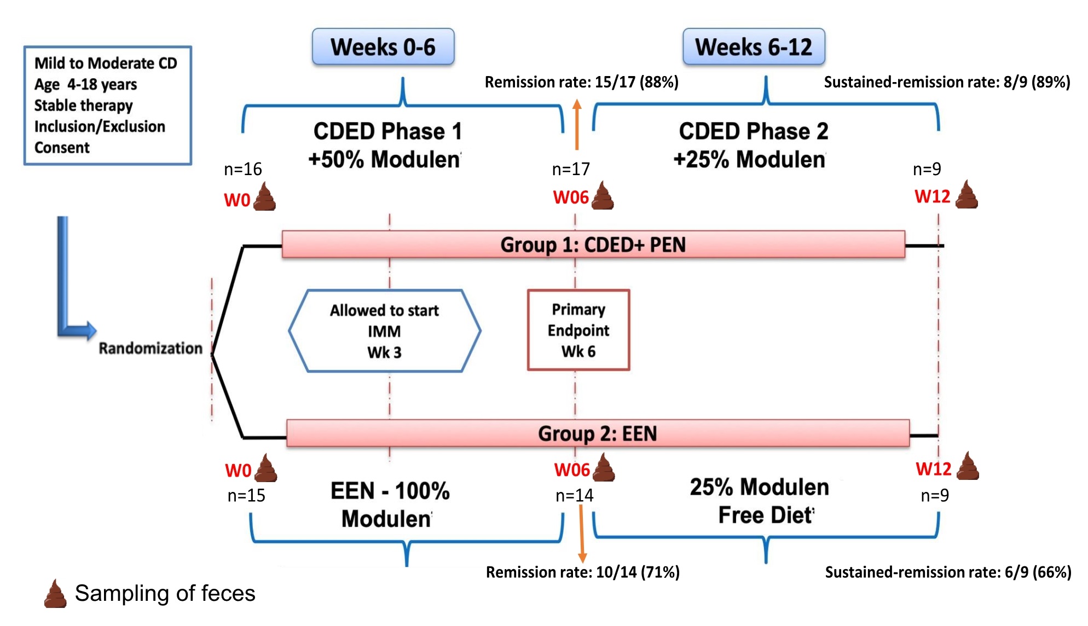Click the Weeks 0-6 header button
pyautogui.click(x=383, y=47)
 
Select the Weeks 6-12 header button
pyautogui.click(x=754, y=47)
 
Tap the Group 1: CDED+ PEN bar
pyautogui.click(x=593, y=245)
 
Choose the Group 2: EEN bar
pyautogui.click(x=598, y=433)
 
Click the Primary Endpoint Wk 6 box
pyautogui.click(x=578, y=331)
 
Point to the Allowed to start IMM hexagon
pyautogui.click(x=385, y=331)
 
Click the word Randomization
pyautogui.click(x=151, y=349)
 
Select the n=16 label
pyautogui.click(x=243, y=169)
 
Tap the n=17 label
pyautogui.click(x=571, y=169)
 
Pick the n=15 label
pyautogui.click(x=246, y=496)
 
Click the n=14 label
pyautogui.click(x=575, y=496)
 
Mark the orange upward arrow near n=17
pyautogui.click(x=577, y=125)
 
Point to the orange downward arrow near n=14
pyautogui.click(x=582, y=534)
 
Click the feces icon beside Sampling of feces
pyautogui.click(x=55, y=593)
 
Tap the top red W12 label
pyautogui.click(x=933, y=196)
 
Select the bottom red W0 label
pyautogui.click(x=238, y=471)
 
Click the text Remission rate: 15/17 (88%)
pyautogui.click(x=582, y=82)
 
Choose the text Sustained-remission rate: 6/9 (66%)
pyautogui.click(x=948, y=572)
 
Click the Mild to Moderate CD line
pyautogui.click(x=106, y=63)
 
